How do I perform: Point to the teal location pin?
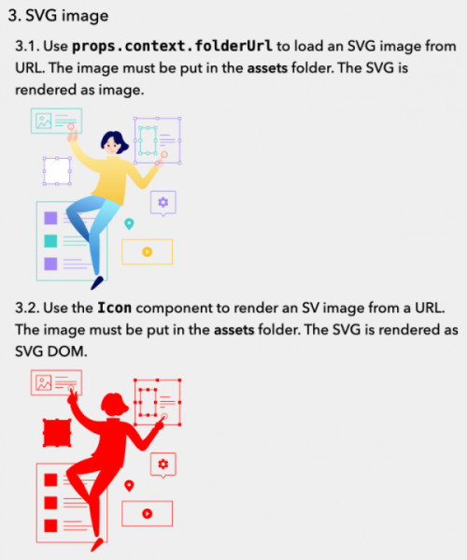point(129,223)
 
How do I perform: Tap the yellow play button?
point(147,251)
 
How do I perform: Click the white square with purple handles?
point(57,172)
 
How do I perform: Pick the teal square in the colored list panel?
point(50,241)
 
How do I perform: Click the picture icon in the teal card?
point(43,121)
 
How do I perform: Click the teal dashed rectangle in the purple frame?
point(146,140)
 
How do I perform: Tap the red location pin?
point(129,484)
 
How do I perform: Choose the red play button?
point(147,512)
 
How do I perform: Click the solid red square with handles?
point(57,433)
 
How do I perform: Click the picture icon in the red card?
point(43,381)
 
